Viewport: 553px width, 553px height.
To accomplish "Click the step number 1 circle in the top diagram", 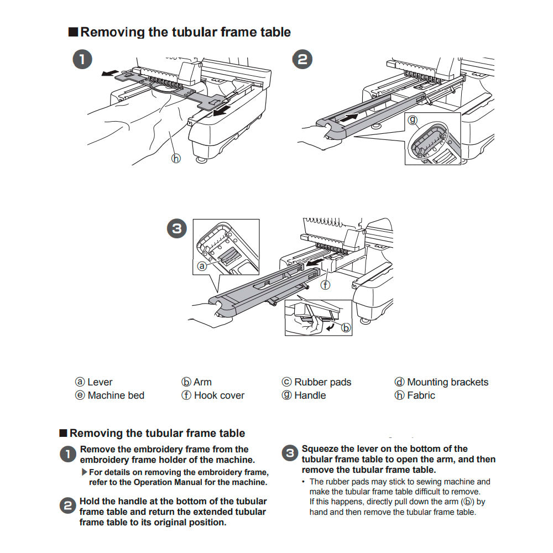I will pos(83,60).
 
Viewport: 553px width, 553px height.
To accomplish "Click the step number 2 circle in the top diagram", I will pos(302,59).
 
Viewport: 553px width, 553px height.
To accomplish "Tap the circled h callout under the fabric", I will pos(176,159).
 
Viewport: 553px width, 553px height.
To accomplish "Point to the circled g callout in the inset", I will pos(412,119).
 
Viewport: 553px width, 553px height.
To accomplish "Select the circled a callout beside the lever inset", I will pos(202,266).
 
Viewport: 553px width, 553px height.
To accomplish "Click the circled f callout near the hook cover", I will pos(326,285).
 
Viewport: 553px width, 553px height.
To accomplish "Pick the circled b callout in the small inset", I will pos(346,328).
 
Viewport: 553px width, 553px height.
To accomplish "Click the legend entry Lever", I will pos(100,382).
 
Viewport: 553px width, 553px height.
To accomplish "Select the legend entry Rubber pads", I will pos(322,382).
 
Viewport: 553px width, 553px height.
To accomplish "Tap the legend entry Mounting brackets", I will pos(447,382).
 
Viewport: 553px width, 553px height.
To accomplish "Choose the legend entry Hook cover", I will pos(219,395).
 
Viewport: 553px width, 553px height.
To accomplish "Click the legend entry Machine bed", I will pos(116,395).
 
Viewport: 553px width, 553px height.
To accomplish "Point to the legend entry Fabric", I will pos(421,395).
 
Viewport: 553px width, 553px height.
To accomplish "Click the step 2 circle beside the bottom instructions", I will pos(67,505).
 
